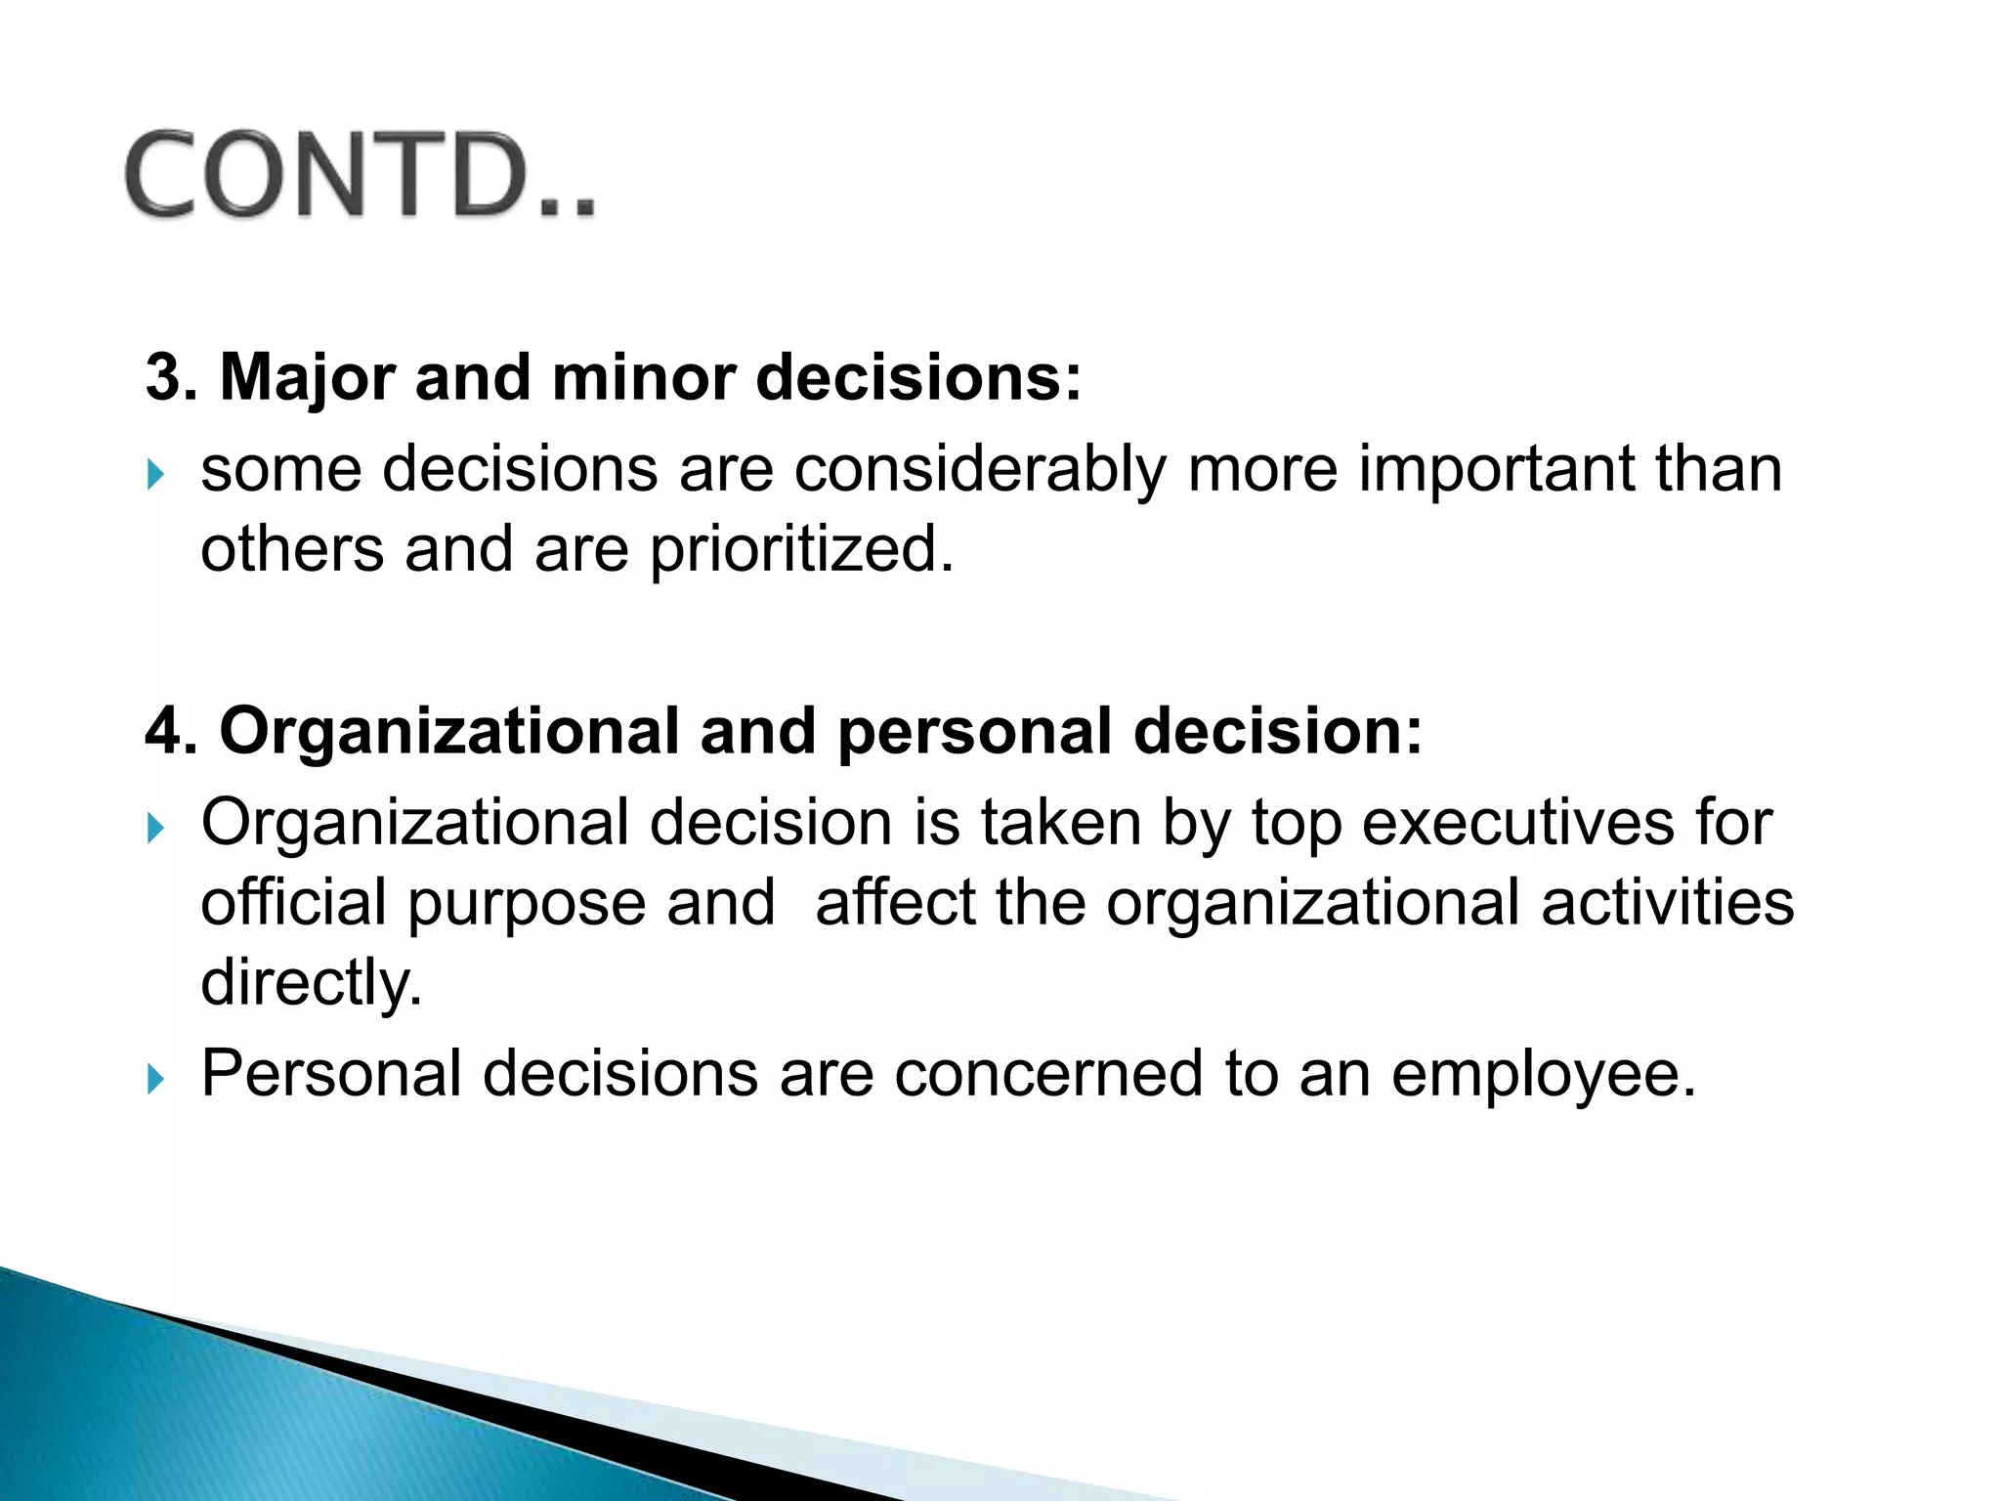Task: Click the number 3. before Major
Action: [170, 377]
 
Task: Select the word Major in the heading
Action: [307, 379]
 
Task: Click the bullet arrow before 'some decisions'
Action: [155, 476]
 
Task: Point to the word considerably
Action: [979, 470]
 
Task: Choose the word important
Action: [1495, 470]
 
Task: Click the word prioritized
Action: [801, 550]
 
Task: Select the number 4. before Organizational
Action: [170, 731]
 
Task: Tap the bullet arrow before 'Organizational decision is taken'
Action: [155, 830]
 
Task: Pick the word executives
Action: [1517, 823]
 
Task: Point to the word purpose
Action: [527, 904]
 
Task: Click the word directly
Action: [311, 982]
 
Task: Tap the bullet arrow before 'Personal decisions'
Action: [155, 1080]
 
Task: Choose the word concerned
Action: [1047, 1074]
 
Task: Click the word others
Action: [292, 549]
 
